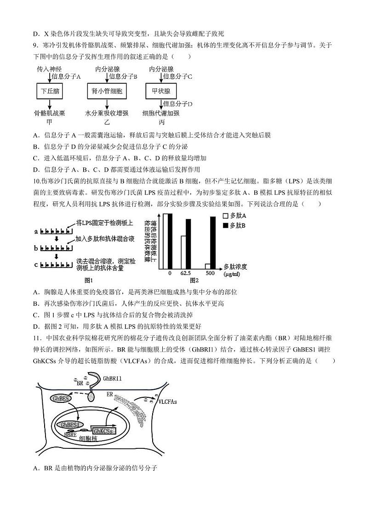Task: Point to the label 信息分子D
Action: (x=177, y=104)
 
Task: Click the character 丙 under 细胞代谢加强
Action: (x=161, y=122)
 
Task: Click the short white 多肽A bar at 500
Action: (x=207, y=266)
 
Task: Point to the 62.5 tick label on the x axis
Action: (x=186, y=273)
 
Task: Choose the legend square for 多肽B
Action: (x=225, y=225)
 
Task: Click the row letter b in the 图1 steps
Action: (x=36, y=248)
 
